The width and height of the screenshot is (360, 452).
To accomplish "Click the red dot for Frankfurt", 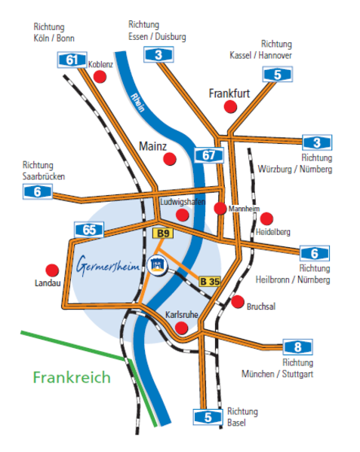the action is pos(230,107).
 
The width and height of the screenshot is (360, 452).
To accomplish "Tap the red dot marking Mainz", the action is pos(170,159).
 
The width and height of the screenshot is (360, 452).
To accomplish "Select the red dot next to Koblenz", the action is pos(100,77).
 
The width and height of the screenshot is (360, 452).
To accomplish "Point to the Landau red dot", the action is pos(52,270).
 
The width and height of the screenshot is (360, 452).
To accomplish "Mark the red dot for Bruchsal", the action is pos(238,302).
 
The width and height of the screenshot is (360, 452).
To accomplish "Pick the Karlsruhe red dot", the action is pos(182,328).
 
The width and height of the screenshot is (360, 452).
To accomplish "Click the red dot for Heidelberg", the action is pos(266,218).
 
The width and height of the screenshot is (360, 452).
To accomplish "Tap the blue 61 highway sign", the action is pos(72,60).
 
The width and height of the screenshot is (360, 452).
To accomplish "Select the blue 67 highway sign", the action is pos(209,155).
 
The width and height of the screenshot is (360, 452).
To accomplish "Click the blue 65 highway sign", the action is pos(89,230).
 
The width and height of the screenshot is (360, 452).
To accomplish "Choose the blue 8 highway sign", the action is pos(297,347).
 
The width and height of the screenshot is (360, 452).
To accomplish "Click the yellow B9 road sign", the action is pos(163,234).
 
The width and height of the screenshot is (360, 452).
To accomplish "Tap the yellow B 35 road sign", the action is pos(210,281).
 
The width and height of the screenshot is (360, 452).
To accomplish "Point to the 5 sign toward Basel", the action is pos(208,417).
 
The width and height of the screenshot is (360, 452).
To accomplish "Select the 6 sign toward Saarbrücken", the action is pos(38,191).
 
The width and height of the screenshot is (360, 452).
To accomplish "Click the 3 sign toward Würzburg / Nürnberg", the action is pos(317,142).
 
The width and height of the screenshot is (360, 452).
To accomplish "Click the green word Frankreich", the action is pos(72,377).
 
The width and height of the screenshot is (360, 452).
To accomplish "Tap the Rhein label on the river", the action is pos(137,102).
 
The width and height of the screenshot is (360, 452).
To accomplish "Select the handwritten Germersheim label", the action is pos(108,264).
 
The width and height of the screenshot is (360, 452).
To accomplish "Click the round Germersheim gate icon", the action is pos(157,264).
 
